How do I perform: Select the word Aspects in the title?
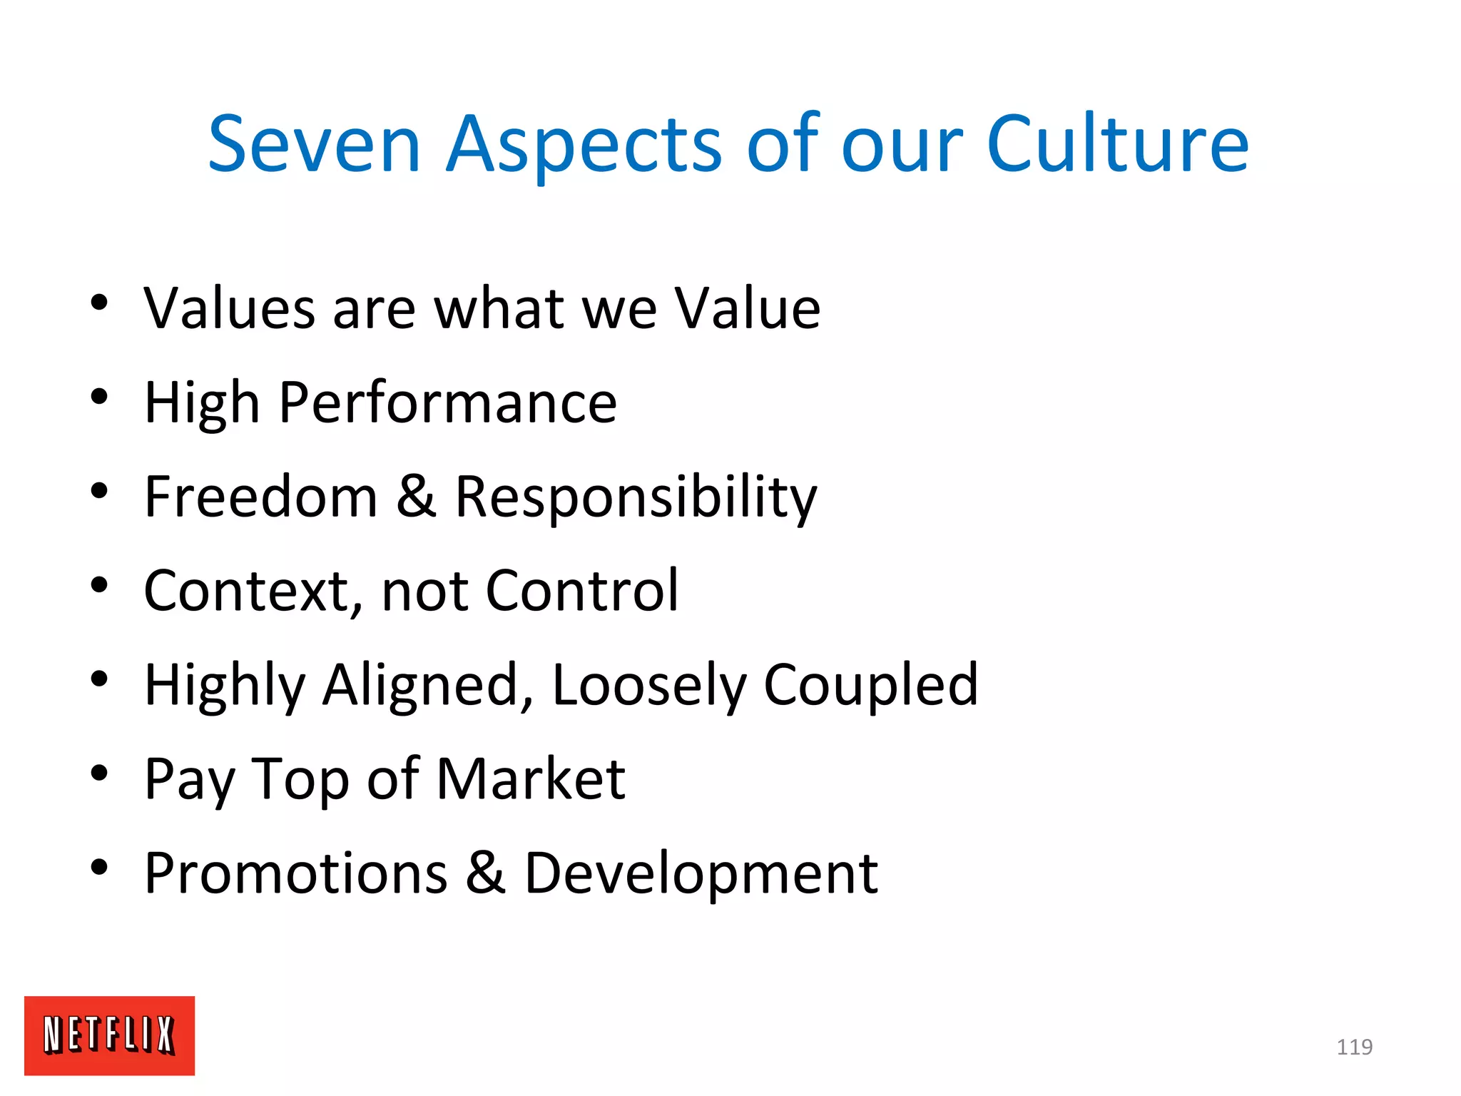584,146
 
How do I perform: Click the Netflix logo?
109,1035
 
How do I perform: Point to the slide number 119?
1354,1047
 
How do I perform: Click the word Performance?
448,403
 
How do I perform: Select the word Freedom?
260,497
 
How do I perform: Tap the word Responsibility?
636,498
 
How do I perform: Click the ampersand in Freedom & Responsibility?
416,497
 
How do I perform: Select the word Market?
531,779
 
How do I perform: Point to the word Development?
701,874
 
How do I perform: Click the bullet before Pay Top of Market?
99,773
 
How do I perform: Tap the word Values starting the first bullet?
229,308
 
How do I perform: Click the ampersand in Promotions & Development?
486,873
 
